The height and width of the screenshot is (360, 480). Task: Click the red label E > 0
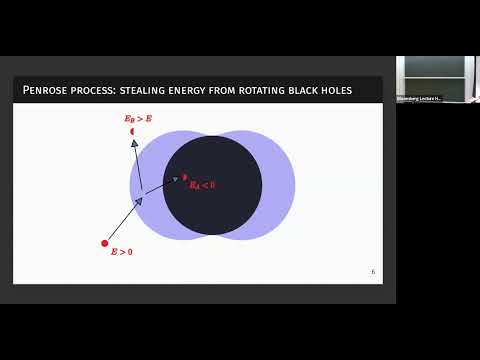pyautogui.click(x=121, y=252)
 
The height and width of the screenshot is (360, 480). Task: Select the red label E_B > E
pyautogui.click(x=138, y=119)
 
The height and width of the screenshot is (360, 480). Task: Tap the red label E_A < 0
pyautogui.click(x=202, y=185)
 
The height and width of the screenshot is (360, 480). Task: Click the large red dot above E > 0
pyautogui.click(x=105, y=243)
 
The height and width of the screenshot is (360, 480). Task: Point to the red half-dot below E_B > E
pyautogui.click(x=132, y=131)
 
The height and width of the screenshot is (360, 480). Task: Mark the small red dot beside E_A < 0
pyautogui.click(x=185, y=177)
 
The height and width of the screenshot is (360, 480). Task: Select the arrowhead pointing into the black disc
pyautogui.click(x=175, y=180)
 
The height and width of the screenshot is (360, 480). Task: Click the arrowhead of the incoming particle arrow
pyautogui.click(x=138, y=201)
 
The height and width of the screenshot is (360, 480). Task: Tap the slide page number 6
pyautogui.click(x=373, y=271)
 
